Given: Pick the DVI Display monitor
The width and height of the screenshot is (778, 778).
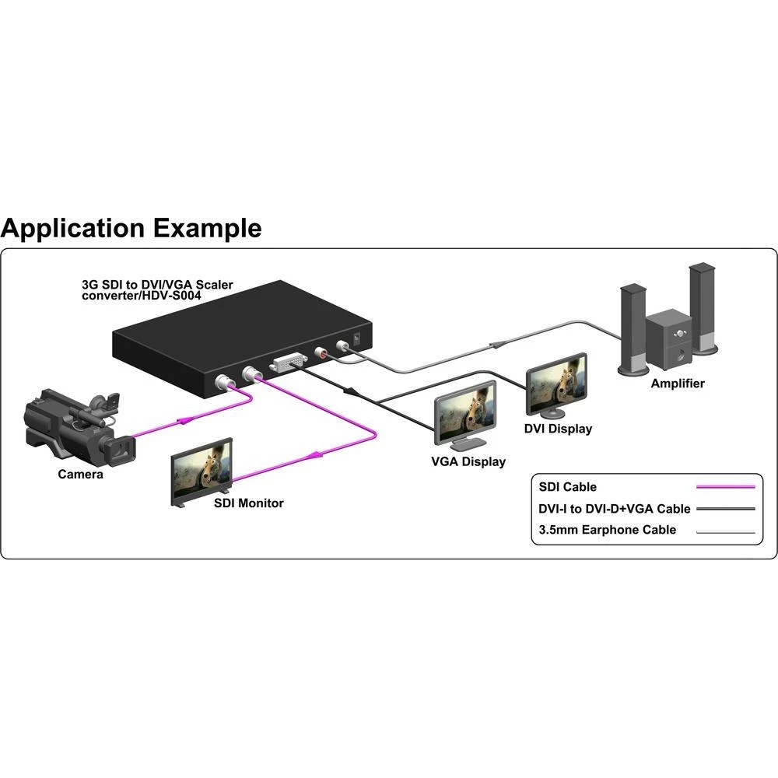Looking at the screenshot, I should pos(557,385).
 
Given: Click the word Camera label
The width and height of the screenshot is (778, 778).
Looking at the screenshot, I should pos(80,474).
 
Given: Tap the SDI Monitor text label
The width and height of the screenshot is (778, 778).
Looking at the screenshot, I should pos(249,503).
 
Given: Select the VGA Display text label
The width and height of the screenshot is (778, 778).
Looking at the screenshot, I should pos(468,462).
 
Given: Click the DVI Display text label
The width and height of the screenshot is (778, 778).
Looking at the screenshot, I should pos(559,429).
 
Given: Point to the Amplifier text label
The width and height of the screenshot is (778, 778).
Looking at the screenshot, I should pos(678,384).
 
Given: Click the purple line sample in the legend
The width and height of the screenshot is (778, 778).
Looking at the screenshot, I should pos(726,487).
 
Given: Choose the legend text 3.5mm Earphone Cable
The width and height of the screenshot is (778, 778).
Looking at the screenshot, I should pos(608,531).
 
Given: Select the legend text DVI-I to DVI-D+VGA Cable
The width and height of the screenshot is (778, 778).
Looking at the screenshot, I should pos(615,509).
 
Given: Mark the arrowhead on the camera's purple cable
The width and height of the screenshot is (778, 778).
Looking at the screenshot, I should pos(185,421).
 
